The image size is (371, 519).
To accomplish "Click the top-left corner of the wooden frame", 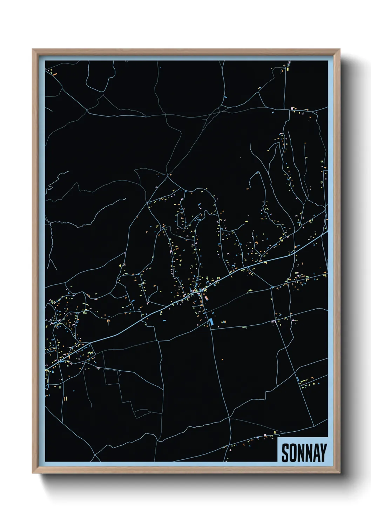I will coord(33,49).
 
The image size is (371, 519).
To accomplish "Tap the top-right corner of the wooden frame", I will coord(340,49).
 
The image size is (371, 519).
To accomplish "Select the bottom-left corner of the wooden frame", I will coord(33,473).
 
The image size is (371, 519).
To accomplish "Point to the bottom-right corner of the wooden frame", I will coord(340,473).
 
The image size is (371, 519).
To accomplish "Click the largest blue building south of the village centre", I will coord(211,322).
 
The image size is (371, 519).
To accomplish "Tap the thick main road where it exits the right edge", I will coord(327,231).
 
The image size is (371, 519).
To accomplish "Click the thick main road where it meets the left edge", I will coord(46,369).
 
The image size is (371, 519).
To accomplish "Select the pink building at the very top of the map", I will coord(289,64).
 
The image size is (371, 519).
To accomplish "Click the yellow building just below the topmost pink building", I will coord(288,69).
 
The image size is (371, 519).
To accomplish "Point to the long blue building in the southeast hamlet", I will coord(298,380).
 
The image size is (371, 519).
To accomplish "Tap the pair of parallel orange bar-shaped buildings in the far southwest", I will coord(65,398).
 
